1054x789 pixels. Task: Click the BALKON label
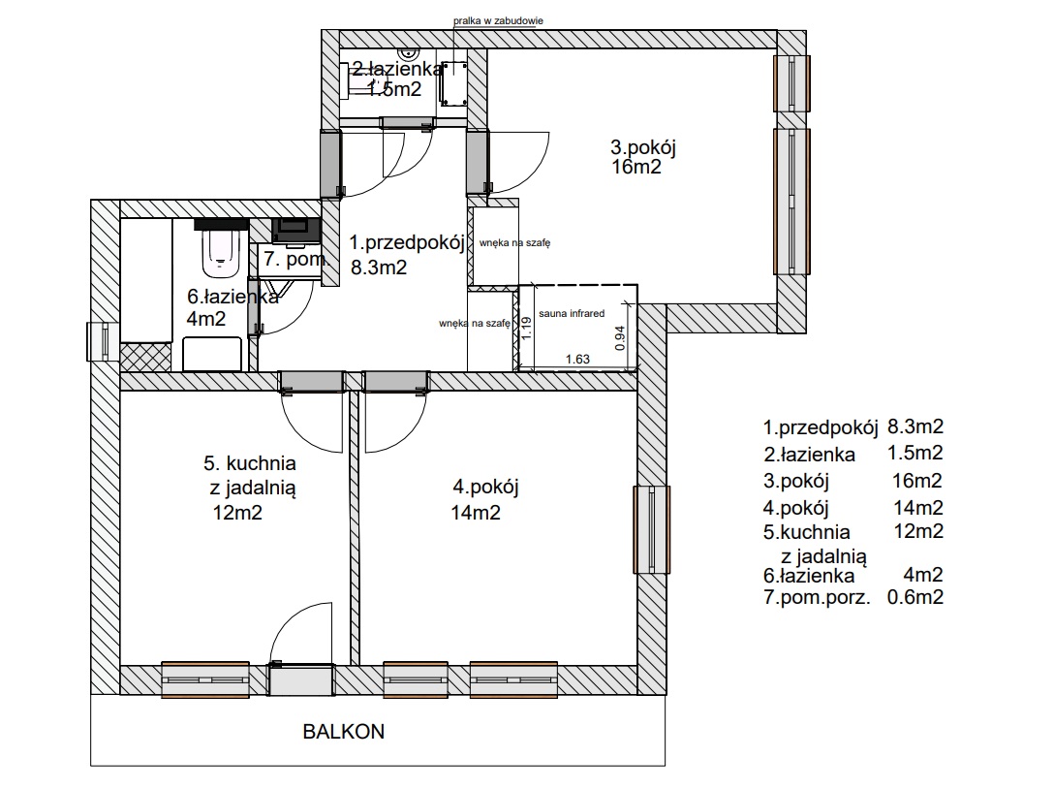click(x=344, y=731)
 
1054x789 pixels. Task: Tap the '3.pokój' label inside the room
click(x=642, y=147)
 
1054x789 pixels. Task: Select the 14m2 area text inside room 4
click(x=476, y=513)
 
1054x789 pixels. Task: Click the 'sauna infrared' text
click(x=572, y=313)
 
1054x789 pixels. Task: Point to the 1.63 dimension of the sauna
click(x=577, y=360)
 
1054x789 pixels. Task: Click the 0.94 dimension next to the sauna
click(x=620, y=337)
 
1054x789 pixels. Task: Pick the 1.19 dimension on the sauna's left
click(x=526, y=329)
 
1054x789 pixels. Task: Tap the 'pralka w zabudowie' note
click(x=498, y=21)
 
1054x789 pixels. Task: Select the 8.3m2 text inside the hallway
click(x=379, y=268)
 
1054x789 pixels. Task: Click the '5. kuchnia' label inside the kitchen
click(x=250, y=463)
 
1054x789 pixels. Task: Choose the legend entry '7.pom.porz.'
click(x=817, y=597)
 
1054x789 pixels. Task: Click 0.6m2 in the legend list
click(x=915, y=597)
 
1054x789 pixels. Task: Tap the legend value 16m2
click(x=917, y=481)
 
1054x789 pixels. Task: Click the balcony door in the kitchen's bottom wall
click(x=301, y=679)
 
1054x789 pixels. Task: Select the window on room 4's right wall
click(x=652, y=530)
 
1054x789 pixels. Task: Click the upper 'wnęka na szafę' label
click(x=515, y=243)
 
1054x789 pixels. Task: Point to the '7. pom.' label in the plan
click(x=295, y=259)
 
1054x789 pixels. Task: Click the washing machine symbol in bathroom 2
click(x=453, y=83)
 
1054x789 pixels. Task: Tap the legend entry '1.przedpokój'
click(x=821, y=427)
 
